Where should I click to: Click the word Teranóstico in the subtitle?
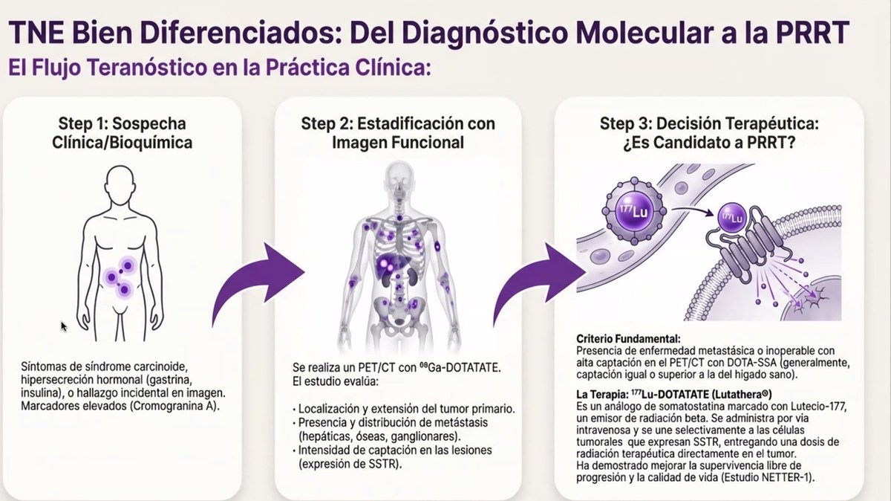tap(119, 67)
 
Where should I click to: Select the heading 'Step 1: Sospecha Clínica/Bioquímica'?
tap(122, 133)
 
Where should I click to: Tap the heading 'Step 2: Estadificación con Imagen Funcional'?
tap(398, 133)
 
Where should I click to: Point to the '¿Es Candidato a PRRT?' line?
tap(709, 143)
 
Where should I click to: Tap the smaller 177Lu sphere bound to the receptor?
tap(732, 218)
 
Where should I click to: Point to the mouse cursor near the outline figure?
tap(64, 326)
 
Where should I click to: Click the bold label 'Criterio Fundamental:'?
tap(628, 339)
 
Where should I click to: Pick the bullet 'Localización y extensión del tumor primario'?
tap(403, 409)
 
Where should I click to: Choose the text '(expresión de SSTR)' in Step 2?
tap(350, 464)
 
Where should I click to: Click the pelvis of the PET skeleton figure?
tap(398, 313)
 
